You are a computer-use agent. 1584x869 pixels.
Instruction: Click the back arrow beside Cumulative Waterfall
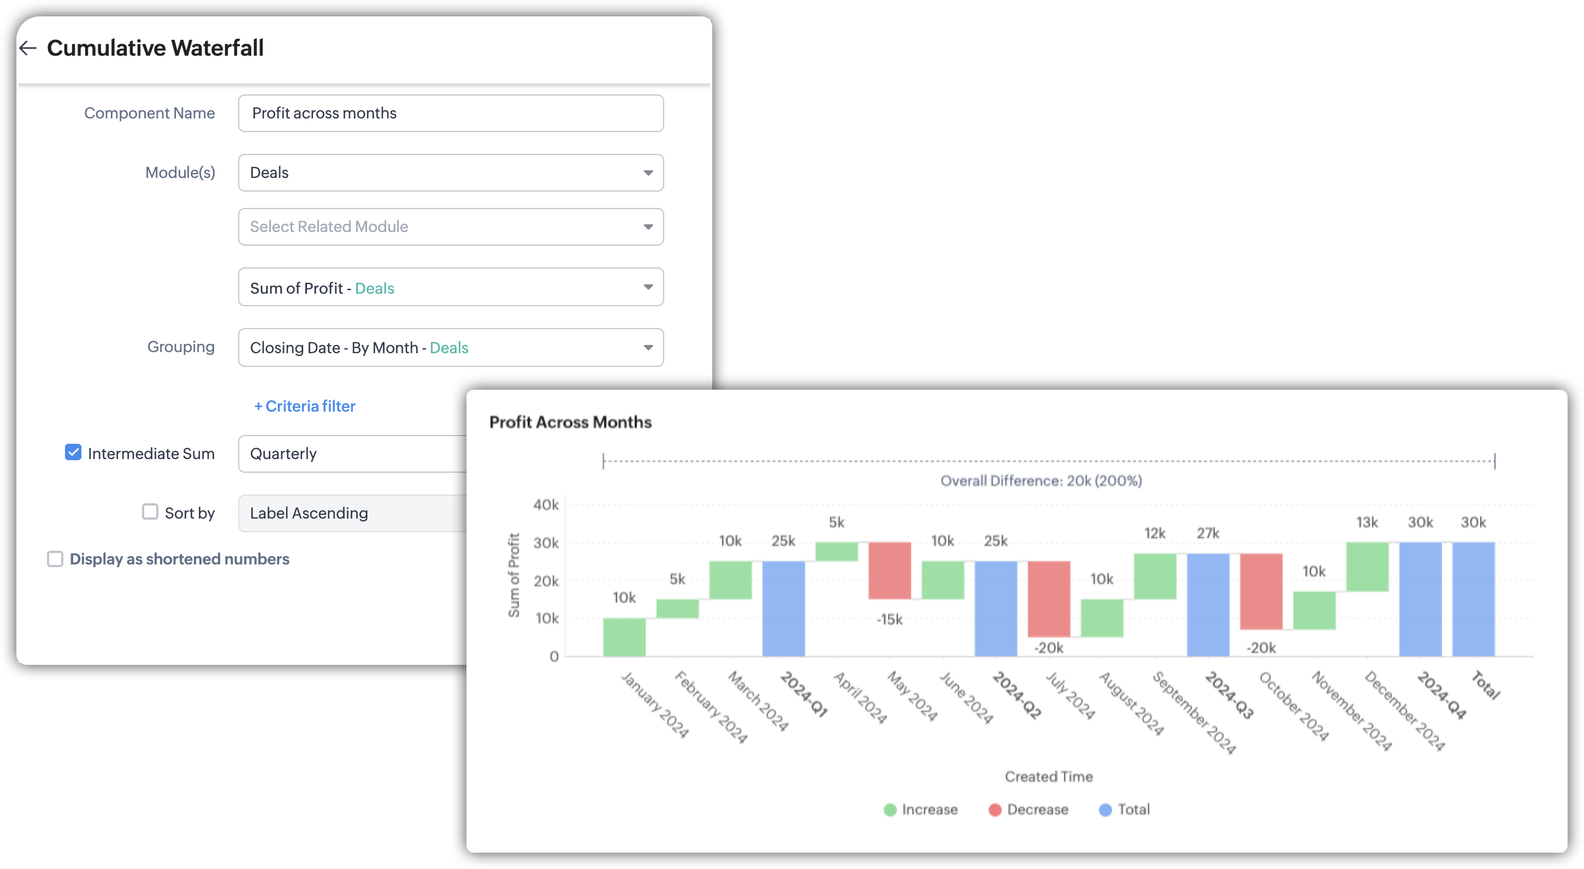click(28, 48)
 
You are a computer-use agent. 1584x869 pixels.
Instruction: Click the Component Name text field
click(450, 113)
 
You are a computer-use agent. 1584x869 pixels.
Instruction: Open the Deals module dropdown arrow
click(647, 172)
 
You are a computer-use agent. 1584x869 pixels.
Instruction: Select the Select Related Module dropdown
click(450, 227)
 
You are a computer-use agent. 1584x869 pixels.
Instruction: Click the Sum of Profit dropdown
click(450, 287)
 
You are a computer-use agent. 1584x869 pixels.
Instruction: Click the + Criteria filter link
click(305, 406)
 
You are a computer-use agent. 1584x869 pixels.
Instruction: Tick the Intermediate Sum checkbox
click(73, 453)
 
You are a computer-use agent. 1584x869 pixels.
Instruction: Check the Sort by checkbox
click(150, 512)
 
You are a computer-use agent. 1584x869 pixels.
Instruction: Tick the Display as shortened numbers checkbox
click(55, 558)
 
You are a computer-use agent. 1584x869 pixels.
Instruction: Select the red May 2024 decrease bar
click(889, 570)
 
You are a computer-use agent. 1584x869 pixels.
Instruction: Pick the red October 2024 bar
click(1261, 591)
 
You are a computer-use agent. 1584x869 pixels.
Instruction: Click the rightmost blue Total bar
click(1473, 599)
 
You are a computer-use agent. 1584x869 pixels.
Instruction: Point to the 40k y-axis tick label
click(546, 505)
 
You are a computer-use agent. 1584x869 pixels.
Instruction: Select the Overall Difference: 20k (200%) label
click(1041, 480)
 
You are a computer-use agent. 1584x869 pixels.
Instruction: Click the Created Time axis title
click(1048, 776)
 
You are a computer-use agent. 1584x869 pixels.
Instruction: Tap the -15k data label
click(889, 620)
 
